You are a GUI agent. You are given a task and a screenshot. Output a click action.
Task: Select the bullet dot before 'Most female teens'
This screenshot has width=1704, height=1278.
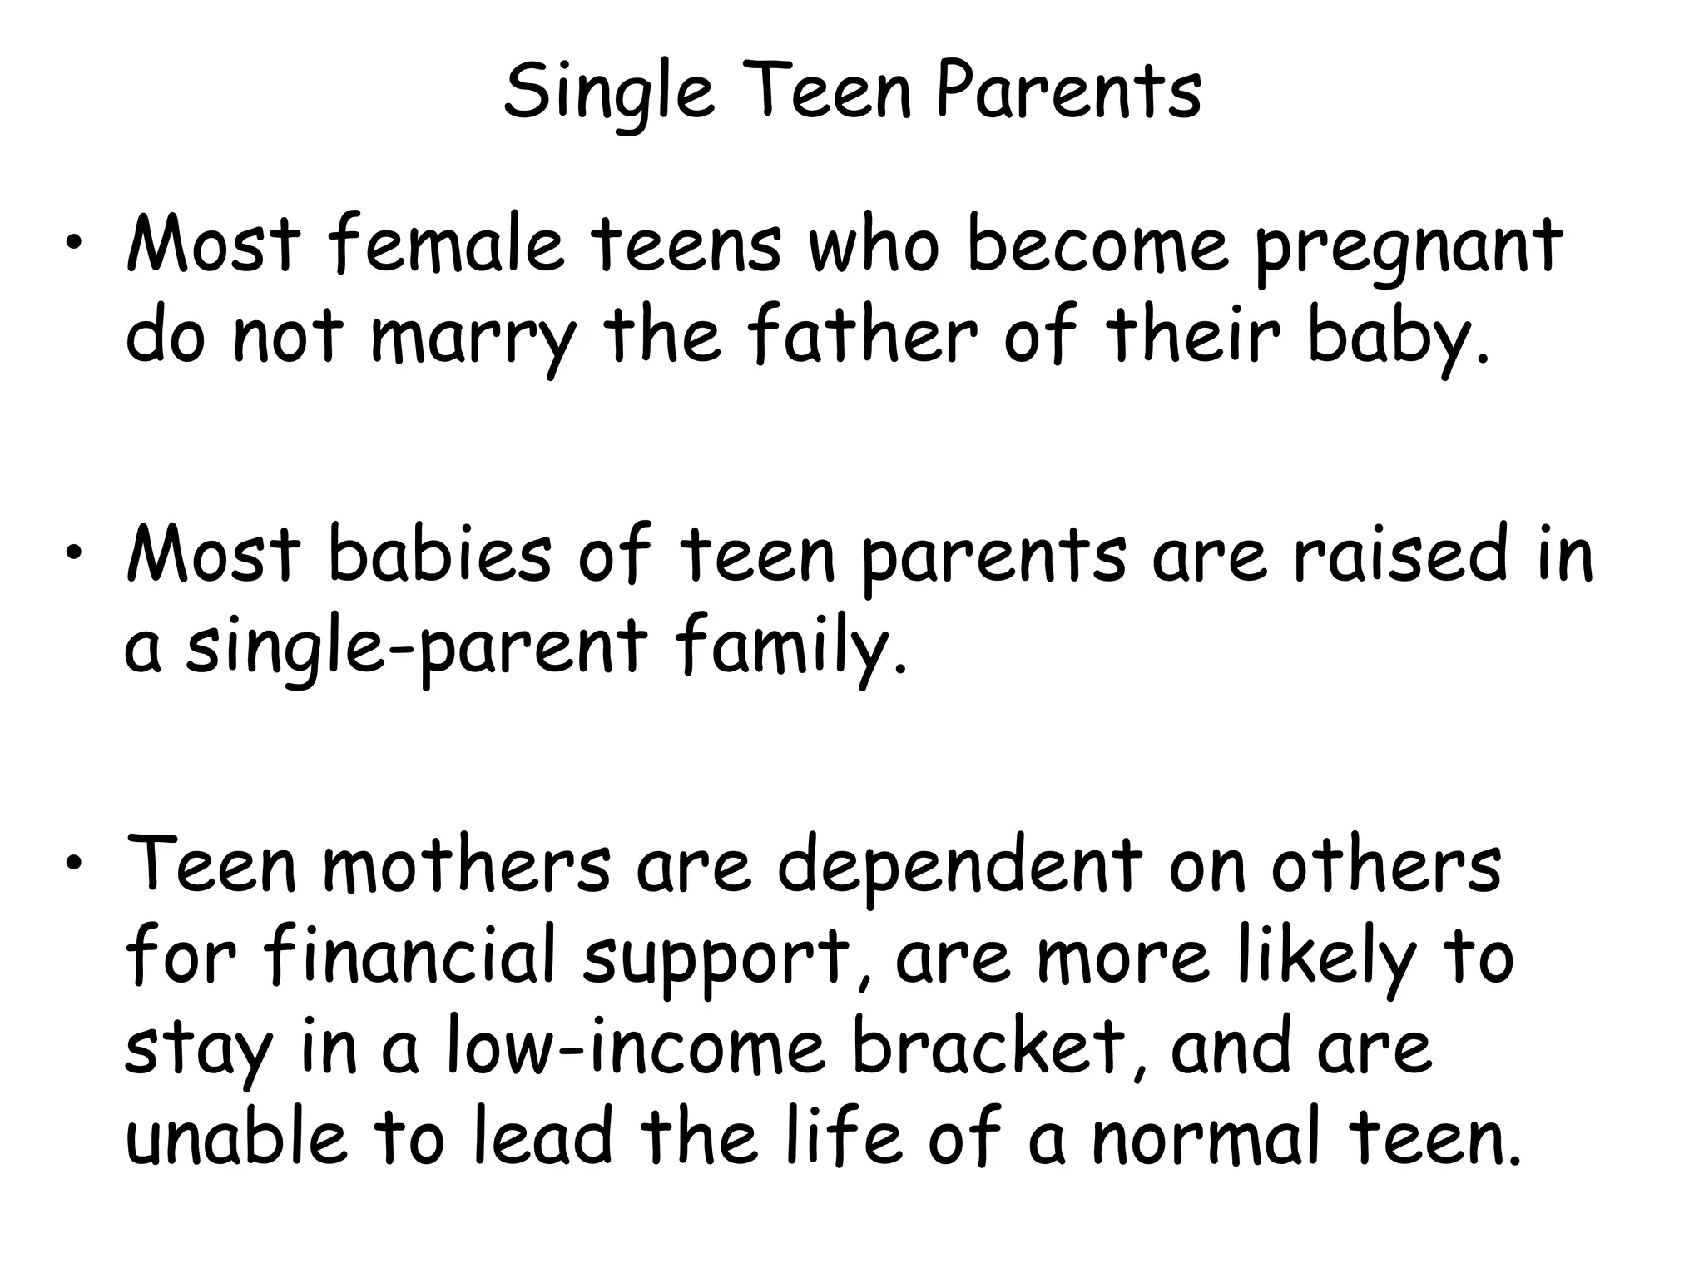coord(75,242)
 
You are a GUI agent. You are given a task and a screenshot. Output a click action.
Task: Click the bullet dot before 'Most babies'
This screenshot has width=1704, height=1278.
coord(75,552)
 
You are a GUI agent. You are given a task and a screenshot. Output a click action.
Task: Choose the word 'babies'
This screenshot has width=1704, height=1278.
coord(440,553)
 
